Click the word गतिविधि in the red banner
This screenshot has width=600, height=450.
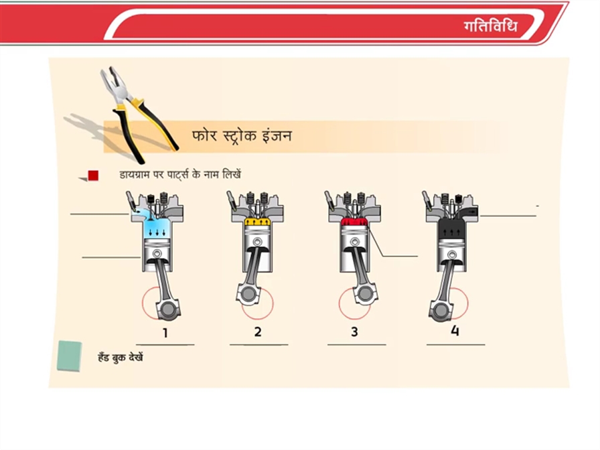click(x=491, y=26)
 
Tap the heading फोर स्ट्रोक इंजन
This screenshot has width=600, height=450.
click(x=242, y=136)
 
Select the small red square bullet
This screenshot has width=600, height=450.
click(x=93, y=175)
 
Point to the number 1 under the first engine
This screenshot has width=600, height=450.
click(x=165, y=333)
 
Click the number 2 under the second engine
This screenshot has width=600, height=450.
click(x=258, y=331)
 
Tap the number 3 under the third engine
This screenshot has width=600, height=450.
click(x=354, y=331)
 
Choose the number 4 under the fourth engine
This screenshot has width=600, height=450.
click(x=455, y=330)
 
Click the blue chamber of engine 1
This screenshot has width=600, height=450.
click(x=157, y=228)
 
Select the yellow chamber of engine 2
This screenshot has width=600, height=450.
click(x=258, y=222)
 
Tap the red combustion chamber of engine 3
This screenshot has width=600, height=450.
click(x=355, y=222)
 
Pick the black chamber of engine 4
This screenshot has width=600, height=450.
click(x=452, y=229)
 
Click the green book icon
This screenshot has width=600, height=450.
click(x=69, y=356)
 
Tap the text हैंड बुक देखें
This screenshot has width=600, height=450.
click(x=121, y=358)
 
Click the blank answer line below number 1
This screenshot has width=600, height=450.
click(x=165, y=345)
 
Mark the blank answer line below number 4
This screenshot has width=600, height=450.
click(x=456, y=345)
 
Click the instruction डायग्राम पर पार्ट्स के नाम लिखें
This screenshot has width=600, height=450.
click(x=180, y=175)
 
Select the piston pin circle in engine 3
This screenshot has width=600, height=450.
click(x=355, y=242)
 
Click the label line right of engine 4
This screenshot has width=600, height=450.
click(x=508, y=216)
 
